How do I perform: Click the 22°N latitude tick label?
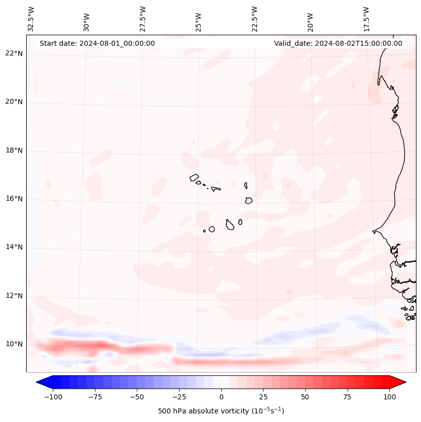coord(14,54)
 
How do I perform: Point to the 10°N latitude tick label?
coord(14,345)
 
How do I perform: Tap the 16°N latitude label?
coord(14,199)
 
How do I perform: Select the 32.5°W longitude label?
coord(31,19)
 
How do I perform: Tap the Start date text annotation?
coord(97,43)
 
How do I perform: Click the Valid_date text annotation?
coord(338,43)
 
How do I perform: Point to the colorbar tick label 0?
coord(221,397)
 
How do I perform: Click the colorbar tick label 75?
coord(348,397)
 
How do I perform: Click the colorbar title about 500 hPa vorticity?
coord(221,411)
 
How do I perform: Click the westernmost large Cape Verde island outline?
coord(194,178)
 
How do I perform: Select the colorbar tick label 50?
coord(305,397)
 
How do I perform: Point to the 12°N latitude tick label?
coord(14,296)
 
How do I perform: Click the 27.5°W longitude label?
coord(143,19)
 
